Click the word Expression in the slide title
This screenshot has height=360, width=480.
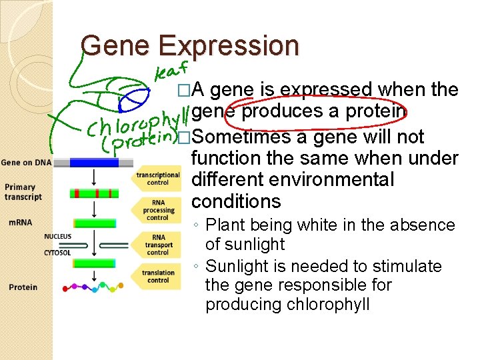coord(229,46)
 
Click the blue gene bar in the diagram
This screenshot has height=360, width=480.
coord(94,162)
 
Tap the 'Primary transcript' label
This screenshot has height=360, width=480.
coord(23,192)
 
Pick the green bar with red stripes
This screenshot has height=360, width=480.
coord(94,193)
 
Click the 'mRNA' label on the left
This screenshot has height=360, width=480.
coord(19,222)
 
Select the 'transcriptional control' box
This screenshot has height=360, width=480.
coord(157,179)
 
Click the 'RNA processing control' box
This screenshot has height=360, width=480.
coord(157,209)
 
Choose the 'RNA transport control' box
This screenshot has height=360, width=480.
coord(157,244)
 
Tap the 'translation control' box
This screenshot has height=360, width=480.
coord(157,276)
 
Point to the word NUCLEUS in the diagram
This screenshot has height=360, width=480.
coord(58,237)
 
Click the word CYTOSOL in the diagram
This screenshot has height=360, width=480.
coord(58,253)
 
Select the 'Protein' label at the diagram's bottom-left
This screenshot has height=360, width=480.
coord(23,287)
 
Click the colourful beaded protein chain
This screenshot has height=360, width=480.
coord(93,288)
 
